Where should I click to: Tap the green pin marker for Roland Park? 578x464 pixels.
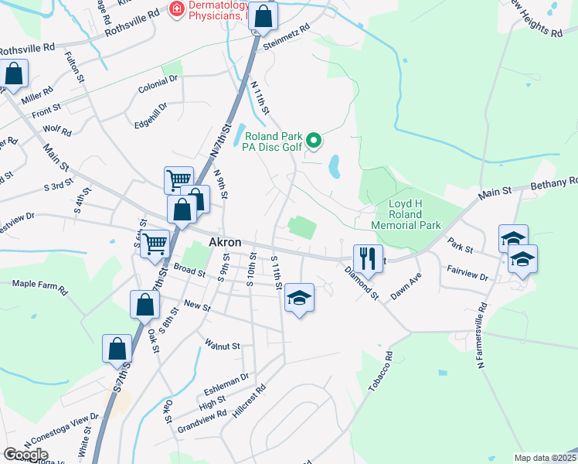coord(314,141)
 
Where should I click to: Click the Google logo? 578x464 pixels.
coord(25,455)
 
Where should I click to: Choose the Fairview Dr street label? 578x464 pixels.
coord(468,272)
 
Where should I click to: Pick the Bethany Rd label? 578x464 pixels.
coord(554,183)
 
